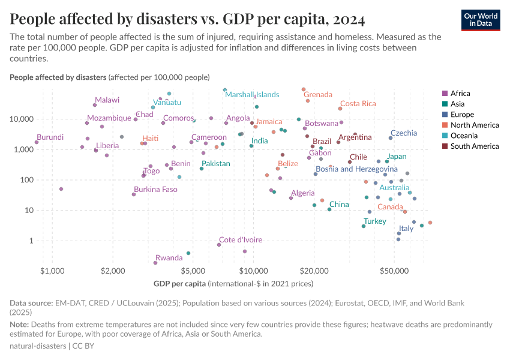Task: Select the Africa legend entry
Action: [x=460, y=93]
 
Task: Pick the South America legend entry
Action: [x=474, y=146]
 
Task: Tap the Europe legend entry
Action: [x=462, y=114]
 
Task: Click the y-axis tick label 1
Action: [x=32, y=241]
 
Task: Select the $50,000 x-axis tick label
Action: [x=394, y=271]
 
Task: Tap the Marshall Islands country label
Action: [x=252, y=95]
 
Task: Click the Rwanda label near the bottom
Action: [x=169, y=258]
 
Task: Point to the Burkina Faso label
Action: [x=155, y=190]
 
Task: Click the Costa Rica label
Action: [x=358, y=104]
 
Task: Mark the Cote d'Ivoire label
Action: [x=239, y=240]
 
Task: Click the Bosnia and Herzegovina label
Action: [x=356, y=169]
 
